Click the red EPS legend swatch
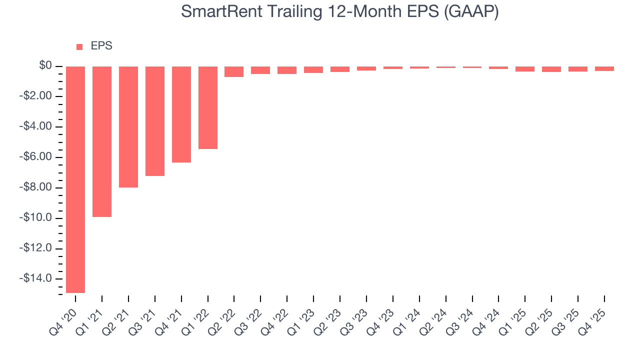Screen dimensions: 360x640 click(79, 47)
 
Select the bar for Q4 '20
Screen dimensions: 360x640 click(75, 179)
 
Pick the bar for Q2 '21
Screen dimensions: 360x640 click(128, 127)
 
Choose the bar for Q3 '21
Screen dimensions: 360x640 click(155, 121)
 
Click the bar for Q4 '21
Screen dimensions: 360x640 click(181, 114)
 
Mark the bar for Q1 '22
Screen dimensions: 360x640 click(208, 107)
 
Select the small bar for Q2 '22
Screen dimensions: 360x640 click(234, 72)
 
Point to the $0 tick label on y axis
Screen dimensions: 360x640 click(45, 66)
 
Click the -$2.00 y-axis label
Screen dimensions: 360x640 click(38, 96)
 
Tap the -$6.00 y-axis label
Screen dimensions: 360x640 click(38, 157)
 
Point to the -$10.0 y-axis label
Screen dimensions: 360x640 click(38, 218)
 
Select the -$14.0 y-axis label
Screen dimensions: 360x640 click(38, 279)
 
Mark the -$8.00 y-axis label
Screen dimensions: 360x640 click(38, 188)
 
